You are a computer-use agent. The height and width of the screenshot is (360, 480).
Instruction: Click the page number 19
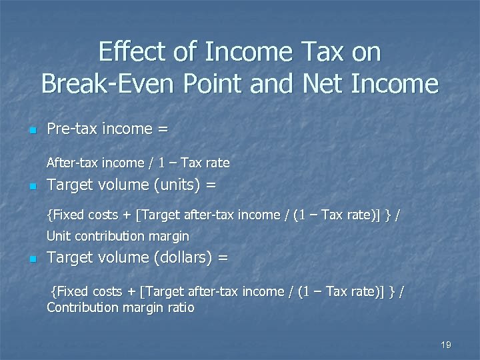click(x=446, y=345)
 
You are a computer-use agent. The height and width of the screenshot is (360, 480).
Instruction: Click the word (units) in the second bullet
click(x=175, y=185)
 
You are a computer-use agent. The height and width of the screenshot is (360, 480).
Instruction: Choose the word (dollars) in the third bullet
click(x=181, y=257)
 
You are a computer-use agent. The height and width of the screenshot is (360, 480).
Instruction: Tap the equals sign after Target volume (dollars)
click(x=223, y=257)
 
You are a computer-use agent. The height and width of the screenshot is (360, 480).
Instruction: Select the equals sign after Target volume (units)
click(x=211, y=185)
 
